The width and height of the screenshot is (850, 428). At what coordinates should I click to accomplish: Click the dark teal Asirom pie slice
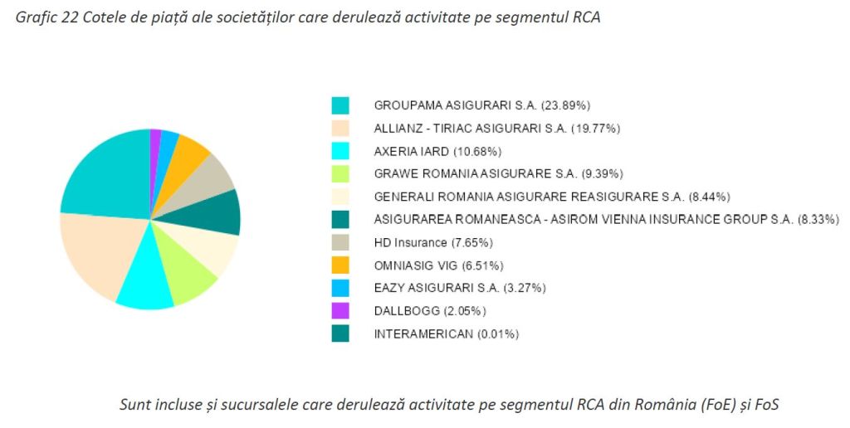click(222, 213)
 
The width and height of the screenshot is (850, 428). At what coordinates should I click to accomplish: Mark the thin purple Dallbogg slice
click(155, 140)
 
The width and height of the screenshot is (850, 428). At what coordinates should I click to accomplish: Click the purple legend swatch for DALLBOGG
click(340, 310)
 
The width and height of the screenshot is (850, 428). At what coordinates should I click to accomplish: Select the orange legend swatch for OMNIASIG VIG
click(340, 265)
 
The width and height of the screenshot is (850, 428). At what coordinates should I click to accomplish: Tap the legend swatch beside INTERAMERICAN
click(340, 333)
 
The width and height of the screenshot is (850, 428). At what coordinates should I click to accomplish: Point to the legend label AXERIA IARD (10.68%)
click(437, 151)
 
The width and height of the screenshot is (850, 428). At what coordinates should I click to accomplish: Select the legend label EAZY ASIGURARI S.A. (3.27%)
click(460, 288)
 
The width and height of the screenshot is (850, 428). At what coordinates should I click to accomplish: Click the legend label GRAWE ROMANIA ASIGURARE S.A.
click(498, 173)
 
